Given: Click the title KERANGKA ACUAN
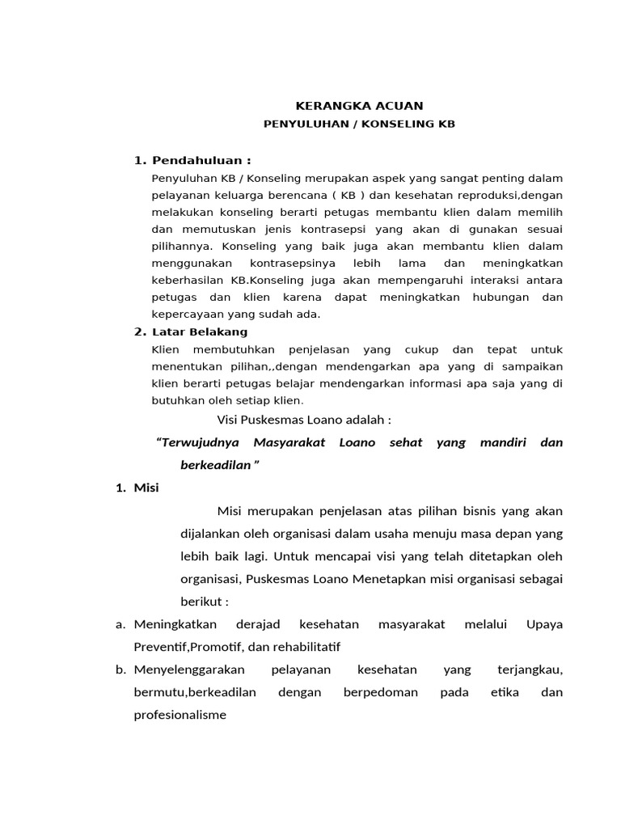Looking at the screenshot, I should point(359,106).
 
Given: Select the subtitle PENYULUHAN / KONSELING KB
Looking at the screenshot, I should point(360,125).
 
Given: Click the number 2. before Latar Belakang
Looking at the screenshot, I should point(139,332).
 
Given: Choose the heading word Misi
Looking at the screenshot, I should point(146,488).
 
